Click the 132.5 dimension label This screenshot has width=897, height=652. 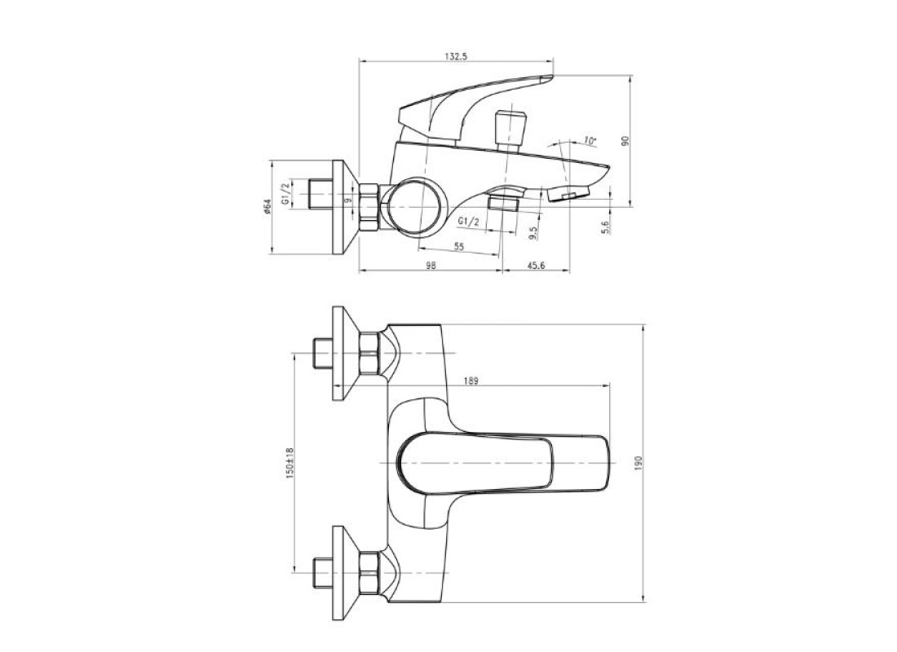coord(456,56)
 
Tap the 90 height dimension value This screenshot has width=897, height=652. coord(625,141)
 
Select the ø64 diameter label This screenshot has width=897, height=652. coord(266,206)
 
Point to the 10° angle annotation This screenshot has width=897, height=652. coord(590,141)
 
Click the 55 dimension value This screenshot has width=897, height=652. coord(459,246)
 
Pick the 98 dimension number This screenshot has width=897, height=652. coord(431,266)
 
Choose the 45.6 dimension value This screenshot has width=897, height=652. coord(536,266)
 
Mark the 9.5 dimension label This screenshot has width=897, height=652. coord(533,232)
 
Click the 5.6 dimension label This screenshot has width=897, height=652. coord(606,226)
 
